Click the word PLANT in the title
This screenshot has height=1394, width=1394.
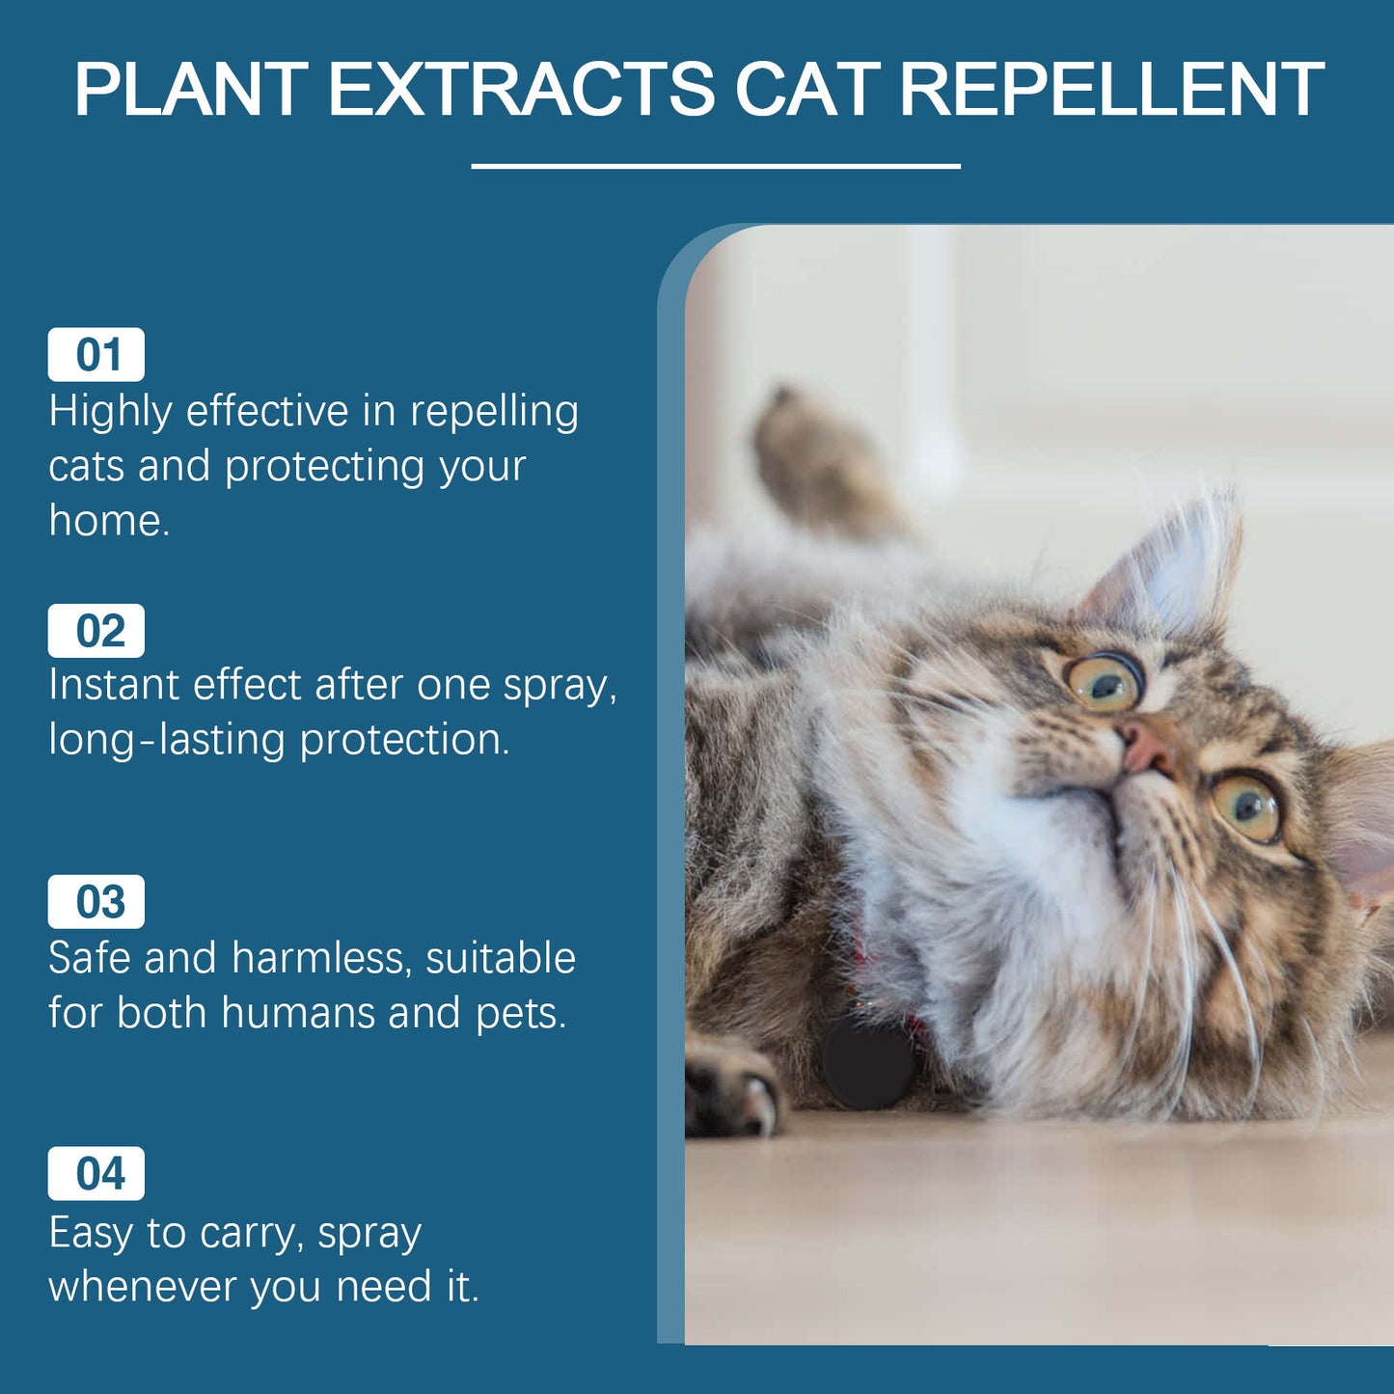(x=191, y=90)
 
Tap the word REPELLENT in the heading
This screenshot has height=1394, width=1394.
(x=1111, y=90)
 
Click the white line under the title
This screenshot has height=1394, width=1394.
(x=715, y=166)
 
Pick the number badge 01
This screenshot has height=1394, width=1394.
(x=96, y=355)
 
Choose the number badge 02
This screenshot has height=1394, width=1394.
(x=96, y=631)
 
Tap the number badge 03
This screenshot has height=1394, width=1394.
(x=96, y=902)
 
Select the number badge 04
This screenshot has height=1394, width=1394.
(x=96, y=1174)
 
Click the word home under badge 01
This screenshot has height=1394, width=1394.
(x=108, y=521)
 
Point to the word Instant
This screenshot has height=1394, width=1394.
(x=114, y=685)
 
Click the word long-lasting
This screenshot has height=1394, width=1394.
(x=166, y=741)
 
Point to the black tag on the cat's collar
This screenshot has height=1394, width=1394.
(x=867, y=1062)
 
